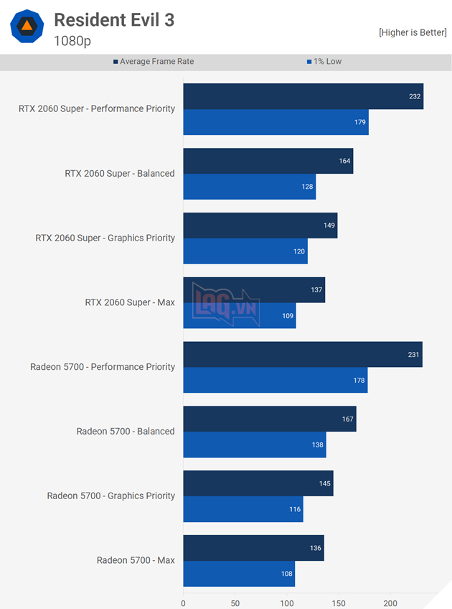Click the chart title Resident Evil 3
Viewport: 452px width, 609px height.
tap(114, 20)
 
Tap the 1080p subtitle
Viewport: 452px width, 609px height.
tap(72, 41)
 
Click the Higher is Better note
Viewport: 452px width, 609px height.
tap(413, 32)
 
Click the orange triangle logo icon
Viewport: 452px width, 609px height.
tap(27, 26)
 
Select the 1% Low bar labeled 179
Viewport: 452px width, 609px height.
tap(276, 122)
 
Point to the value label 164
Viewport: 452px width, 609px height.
tap(344, 161)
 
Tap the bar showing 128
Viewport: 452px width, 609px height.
tap(249, 187)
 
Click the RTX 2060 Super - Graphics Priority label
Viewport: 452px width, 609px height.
tap(105, 238)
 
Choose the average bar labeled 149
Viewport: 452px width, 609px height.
tap(260, 226)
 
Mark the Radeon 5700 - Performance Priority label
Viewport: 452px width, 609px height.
tap(103, 367)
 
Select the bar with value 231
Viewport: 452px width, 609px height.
tap(302, 355)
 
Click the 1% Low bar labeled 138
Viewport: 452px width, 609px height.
tap(254, 445)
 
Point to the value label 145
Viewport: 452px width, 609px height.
tap(325, 483)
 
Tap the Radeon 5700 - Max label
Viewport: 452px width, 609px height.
tap(136, 560)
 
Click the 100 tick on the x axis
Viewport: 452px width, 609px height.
tap(287, 603)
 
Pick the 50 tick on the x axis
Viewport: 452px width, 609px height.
tap(235, 603)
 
